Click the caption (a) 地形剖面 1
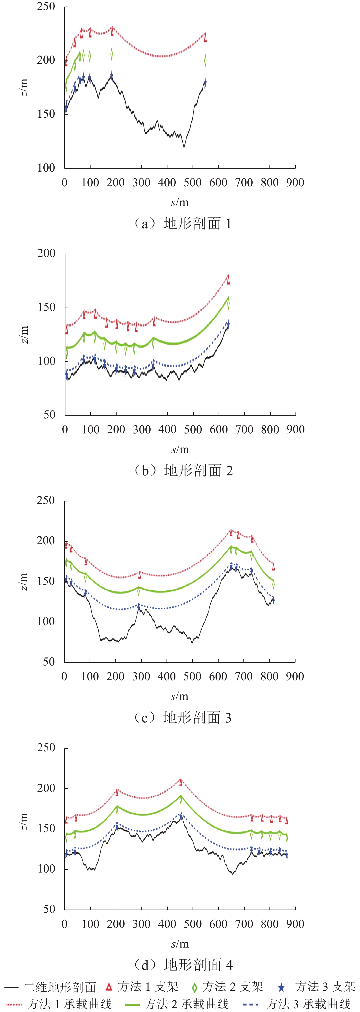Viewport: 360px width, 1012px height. (183, 224)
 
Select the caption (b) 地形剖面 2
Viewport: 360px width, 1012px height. (184, 470)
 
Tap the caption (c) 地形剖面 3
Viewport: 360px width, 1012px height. (183, 717)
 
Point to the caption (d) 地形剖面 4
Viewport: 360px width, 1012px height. (184, 964)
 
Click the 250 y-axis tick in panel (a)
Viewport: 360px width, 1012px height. (46, 7)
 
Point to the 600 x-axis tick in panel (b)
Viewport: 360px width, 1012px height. (219, 429)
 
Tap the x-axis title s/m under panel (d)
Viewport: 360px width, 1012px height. (180, 944)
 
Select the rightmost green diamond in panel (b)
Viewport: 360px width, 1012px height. (228, 303)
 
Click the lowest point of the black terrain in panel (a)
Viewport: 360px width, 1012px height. (184, 147)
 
